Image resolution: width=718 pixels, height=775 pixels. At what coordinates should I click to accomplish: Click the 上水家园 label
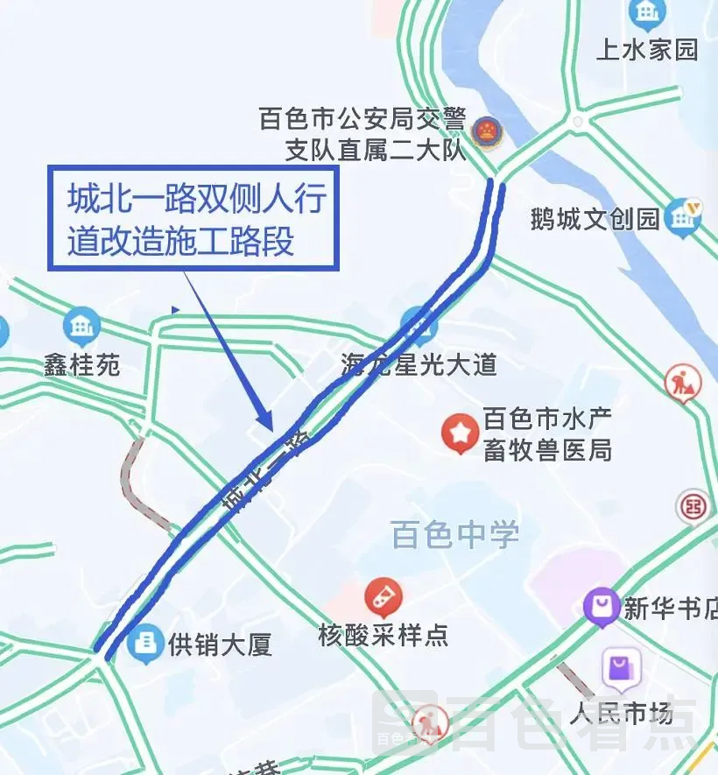click(647, 49)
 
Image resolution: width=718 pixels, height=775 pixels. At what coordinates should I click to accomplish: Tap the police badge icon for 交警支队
click(482, 132)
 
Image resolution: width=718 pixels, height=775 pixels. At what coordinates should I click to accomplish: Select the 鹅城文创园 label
click(595, 218)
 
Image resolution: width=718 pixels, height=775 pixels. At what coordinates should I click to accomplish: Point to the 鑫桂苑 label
click(82, 364)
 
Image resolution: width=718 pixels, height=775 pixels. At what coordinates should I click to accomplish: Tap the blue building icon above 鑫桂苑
click(82, 327)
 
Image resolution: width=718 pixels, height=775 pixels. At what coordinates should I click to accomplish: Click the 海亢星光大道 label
click(419, 364)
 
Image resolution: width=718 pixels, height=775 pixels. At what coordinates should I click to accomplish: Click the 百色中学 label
click(455, 534)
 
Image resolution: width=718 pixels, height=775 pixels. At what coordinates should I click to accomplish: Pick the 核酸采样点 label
click(384, 635)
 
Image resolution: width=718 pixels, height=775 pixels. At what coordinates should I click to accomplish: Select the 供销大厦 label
click(220, 646)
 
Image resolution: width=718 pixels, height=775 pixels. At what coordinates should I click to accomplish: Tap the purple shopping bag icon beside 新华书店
click(602, 607)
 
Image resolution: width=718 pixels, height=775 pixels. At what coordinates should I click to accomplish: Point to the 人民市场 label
click(621, 713)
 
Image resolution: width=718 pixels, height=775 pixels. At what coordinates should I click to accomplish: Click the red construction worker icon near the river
click(682, 382)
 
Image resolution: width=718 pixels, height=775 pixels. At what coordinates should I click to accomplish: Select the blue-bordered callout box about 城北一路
click(192, 218)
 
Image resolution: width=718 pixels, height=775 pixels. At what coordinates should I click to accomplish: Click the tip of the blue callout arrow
click(271, 428)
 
